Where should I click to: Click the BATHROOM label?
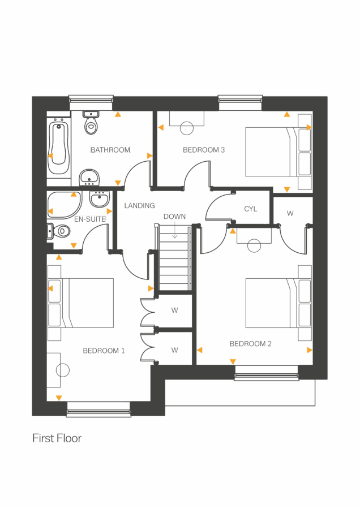(x=110, y=150)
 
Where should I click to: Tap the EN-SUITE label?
(x=90, y=219)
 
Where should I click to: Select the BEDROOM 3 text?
(x=204, y=150)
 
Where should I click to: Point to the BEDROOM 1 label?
(x=104, y=351)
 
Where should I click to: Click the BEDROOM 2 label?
(x=251, y=344)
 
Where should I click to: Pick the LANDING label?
(x=139, y=206)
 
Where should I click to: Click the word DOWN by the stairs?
(x=174, y=217)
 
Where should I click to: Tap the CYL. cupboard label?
(x=251, y=209)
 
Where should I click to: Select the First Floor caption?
(x=57, y=438)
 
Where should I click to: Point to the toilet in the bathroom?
(x=91, y=122)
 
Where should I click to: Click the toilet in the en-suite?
(x=59, y=231)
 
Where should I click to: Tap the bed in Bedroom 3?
(x=272, y=152)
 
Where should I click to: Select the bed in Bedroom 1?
(x=85, y=303)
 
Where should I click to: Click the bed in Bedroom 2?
(x=272, y=303)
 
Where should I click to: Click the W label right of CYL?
(x=290, y=213)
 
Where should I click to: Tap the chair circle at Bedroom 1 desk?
(x=62, y=370)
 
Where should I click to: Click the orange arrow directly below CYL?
(x=233, y=231)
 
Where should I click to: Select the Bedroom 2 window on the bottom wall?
(x=266, y=373)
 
